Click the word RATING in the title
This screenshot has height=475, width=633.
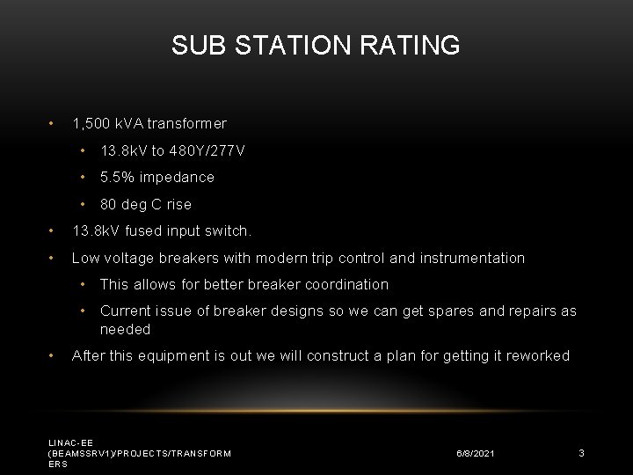[410, 45]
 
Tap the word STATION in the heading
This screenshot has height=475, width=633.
[293, 45]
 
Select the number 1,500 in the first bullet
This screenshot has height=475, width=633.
[91, 124]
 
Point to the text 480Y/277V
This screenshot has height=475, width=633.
[207, 150]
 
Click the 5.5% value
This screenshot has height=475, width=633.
[117, 177]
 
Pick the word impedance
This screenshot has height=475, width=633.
[177, 178]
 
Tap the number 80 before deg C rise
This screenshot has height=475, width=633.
[108, 204]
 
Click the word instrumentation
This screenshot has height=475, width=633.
[472, 258]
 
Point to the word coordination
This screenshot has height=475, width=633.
[346, 284]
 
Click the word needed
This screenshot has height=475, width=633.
[125, 329]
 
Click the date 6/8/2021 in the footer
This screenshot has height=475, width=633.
[475, 453]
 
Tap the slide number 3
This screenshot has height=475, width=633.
[581, 453]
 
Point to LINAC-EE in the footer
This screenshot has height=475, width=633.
[70, 442]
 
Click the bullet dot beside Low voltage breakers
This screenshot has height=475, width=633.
[51, 258]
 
